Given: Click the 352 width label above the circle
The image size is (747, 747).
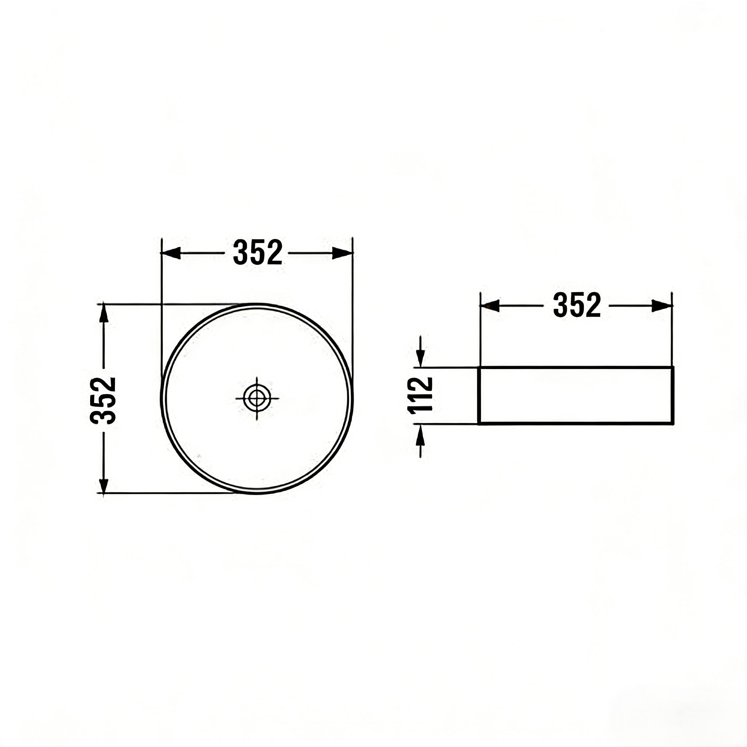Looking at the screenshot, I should (x=258, y=253).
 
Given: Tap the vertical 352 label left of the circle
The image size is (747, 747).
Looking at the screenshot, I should (x=103, y=400).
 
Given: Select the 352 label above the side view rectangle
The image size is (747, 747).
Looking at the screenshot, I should (x=577, y=305).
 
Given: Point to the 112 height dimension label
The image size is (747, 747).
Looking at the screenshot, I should (x=420, y=395).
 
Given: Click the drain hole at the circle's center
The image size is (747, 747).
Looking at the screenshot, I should (x=257, y=398).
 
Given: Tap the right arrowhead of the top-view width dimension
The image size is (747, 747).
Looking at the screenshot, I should (x=342, y=253).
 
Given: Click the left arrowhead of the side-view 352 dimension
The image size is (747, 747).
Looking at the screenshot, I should (x=490, y=306).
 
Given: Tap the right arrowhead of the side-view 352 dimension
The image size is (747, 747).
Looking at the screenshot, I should (x=662, y=306).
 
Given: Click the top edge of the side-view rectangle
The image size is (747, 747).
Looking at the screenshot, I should (x=576, y=367).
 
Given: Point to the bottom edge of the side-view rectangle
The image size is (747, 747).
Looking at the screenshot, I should (x=576, y=424).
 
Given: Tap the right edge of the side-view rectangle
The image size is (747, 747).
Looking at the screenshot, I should (x=673, y=395).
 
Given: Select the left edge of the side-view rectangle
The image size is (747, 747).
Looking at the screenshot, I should (x=479, y=395).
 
